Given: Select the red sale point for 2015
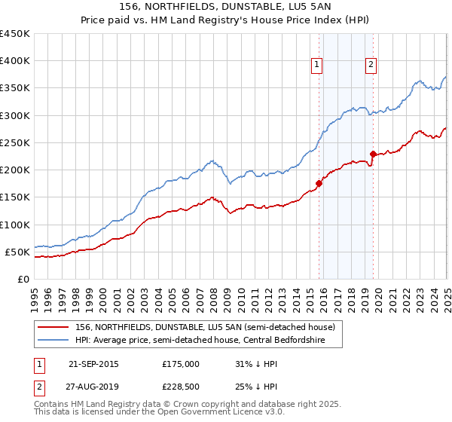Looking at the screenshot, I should pyautogui.click(x=319, y=183).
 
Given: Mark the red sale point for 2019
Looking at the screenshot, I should pyautogui.click(x=373, y=154).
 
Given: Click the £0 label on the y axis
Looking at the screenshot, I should pyautogui.click(x=23, y=279).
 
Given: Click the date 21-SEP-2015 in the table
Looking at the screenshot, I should pyautogui.click(x=93, y=364).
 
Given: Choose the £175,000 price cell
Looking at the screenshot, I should pyautogui.click(x=181, y=364).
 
